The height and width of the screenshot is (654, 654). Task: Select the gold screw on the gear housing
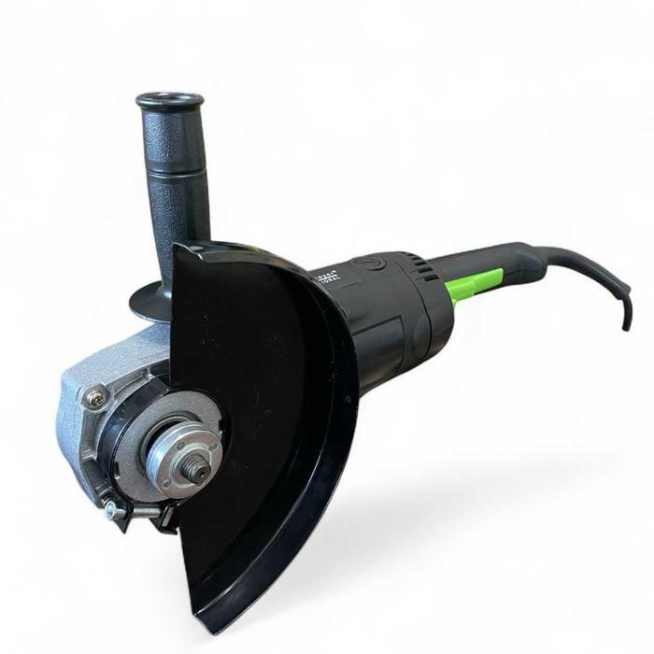coord(95,398)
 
